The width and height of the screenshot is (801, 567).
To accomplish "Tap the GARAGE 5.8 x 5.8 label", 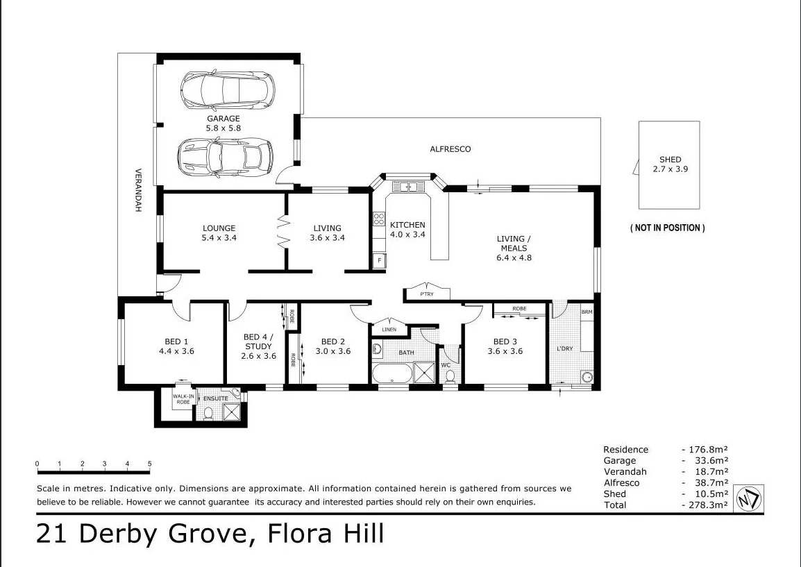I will coord(223,124).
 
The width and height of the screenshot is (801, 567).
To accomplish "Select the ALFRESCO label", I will coord(450,149).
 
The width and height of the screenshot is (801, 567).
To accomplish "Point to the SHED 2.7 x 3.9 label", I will coord(670,164).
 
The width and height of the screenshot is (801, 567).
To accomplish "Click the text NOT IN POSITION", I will coord(667,228).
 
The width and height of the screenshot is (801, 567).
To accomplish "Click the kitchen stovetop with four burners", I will coord(379,219).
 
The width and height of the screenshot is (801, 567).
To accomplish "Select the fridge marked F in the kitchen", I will coord(379,261).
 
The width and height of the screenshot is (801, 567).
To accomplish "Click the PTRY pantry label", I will coord(427,294).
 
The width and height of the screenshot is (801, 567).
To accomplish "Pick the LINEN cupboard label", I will coord(389,329).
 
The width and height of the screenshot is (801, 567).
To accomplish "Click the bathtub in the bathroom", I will coord(391,374).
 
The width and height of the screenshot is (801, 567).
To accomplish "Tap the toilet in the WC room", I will coord(450,375).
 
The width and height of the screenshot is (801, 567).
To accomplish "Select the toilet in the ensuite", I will coord(208,414).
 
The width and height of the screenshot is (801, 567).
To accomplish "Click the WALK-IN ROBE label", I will coord(182,400).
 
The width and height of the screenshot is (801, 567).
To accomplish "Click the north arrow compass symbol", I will coord(748,498).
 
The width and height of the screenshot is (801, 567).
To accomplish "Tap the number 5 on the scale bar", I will coord(150,464).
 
